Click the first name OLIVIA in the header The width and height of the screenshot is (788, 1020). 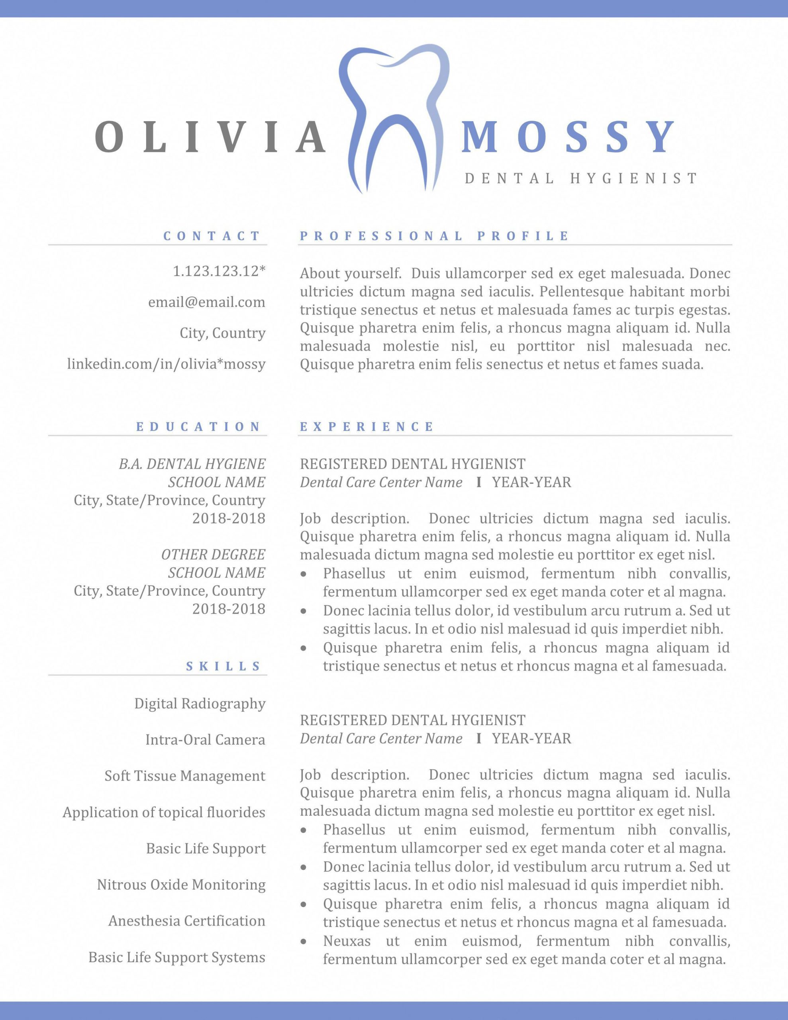point(211,137)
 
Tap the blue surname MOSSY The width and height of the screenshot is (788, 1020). point(568,137)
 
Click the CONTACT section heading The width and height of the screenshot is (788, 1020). point(212,236)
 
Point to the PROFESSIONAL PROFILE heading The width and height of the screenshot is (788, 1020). point(434,236)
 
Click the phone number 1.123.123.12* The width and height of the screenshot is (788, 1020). point(219,271)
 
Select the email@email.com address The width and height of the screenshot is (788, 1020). point(206,302)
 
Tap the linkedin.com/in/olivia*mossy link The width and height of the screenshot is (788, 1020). point(166,364)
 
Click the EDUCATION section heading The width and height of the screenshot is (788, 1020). point(198,426)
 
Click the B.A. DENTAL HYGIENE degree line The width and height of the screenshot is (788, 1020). point(192,464)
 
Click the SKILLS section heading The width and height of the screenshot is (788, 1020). point(223,666)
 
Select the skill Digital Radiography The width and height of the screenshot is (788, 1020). point(200,703)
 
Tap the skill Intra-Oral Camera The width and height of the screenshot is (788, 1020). point(205,740)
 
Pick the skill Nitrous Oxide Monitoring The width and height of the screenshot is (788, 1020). point(181,885)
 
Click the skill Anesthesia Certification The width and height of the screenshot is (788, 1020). point(187,921)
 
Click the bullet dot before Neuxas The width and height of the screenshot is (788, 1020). point(304,941)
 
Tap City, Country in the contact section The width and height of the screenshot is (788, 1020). point(222,333)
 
